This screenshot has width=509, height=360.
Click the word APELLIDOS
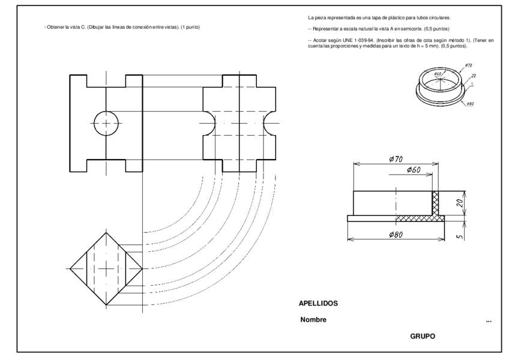[x=318, y=304]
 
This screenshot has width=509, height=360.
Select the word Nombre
[x=313, y=320]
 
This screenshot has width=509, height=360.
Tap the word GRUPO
[x=423, y=337]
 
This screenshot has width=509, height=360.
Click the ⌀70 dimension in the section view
[x=396, y=159]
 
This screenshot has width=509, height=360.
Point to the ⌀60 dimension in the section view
[x=413, y=170]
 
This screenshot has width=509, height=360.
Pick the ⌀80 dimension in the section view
[x=395, y=234]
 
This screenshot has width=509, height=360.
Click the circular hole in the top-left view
[x=106, y=123]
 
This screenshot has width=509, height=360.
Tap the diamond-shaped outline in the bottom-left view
[x=106, y=268]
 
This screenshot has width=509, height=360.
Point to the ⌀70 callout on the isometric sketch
[x=468, y=65]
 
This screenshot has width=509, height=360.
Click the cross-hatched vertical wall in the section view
[x=436, y=203]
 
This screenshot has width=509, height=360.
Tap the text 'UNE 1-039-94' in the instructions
[x=360, y=40]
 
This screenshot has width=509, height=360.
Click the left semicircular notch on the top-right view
[x=208, y=123]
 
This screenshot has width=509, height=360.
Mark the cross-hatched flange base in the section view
[x=420, y=218]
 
